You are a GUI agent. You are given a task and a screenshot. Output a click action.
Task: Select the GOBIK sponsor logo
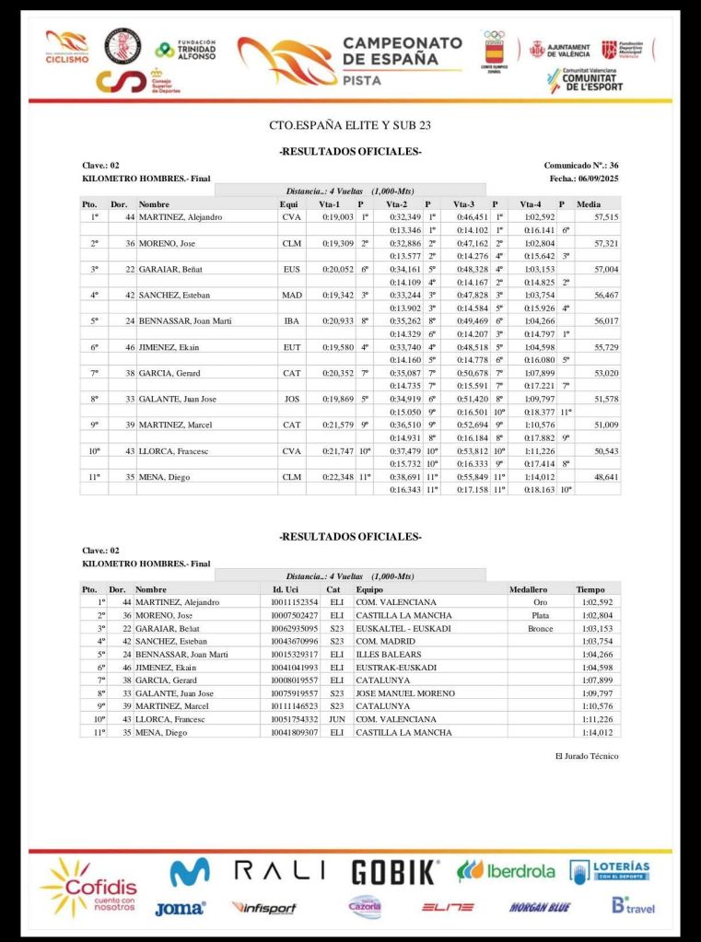pyautogui.click(x=395, y=871)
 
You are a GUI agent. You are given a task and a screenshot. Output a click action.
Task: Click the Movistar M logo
pyautogui.click(x=189, y=871)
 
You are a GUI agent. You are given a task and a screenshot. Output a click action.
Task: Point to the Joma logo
pyautogui.click(x=180, y=908)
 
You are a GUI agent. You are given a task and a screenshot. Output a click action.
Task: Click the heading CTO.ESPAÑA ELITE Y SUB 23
pyautogui.click(x=350, y=124)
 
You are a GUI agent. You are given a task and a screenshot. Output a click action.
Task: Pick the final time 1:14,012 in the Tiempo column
pyautogui.click(x=597, y=732)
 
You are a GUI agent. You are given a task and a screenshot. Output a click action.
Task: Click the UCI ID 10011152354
pyautogui.click(x=295, y=601)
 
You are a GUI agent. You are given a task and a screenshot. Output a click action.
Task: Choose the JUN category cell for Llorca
pyautogui.click(x=336, y=719)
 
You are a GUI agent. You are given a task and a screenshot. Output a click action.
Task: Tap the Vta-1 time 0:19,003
pyautogui.click(x=338, y=216)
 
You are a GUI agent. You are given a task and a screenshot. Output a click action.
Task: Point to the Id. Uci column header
pyautogui.click(x=290, y=588)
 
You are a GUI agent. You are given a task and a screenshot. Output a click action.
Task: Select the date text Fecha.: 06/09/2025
pyautogui.click(x=583, y=178)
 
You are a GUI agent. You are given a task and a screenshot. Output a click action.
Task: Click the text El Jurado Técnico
pyautogui.click(x=587, y=756)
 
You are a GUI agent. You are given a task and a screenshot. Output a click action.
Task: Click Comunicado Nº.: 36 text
pyautogui.click(x=580, y=165)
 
